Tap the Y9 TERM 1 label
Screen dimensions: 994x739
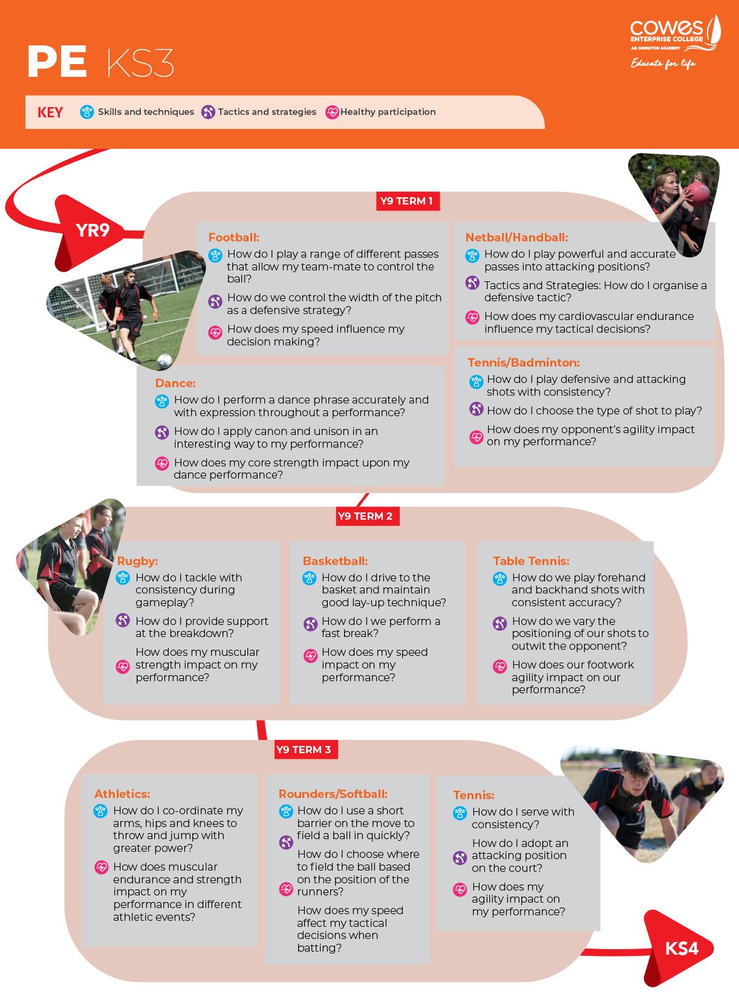[406, 201]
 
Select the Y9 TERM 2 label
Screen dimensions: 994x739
[365, 516]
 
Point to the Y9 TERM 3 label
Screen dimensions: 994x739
[304, 750]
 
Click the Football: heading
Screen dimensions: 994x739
[233, 238]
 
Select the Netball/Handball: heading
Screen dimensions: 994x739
[516, 238]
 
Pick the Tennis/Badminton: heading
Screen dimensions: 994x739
[523, 362]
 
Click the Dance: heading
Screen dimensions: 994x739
[175, 383]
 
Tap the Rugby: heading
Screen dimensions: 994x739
[137, 561]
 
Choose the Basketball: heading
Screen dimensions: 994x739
[335, 561]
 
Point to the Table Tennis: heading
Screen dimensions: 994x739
[531, 561]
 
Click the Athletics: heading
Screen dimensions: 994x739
[122, 794]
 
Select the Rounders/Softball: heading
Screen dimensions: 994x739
[333, 794]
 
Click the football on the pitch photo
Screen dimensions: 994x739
[164, 361]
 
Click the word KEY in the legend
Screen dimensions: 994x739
[50, 113]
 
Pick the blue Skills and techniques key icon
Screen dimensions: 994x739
[87, 112]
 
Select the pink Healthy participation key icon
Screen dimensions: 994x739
[332, 112]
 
